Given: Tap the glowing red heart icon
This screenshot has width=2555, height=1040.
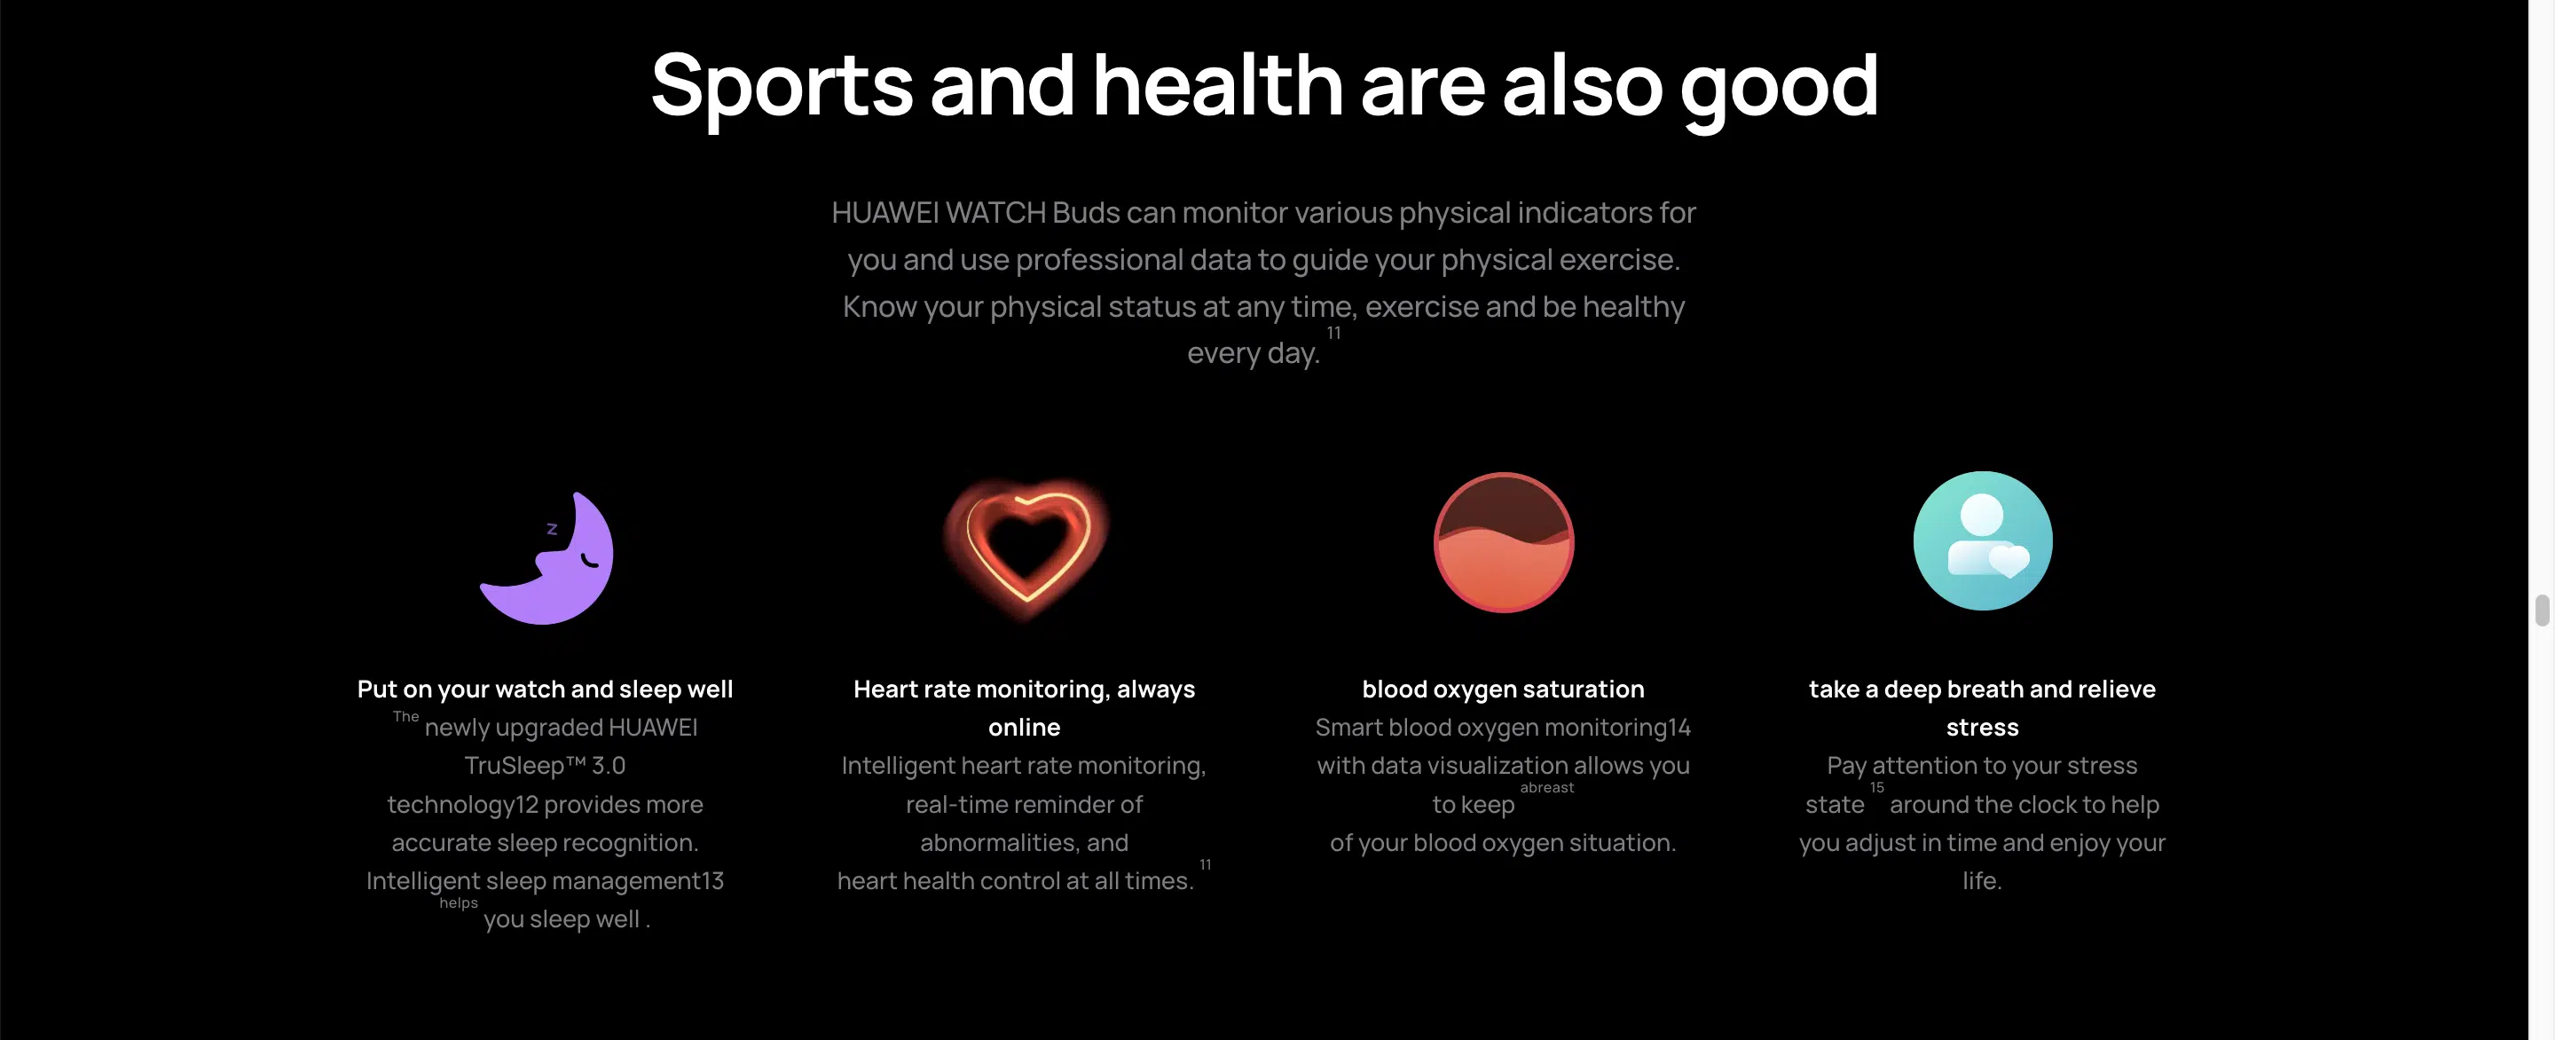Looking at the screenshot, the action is click(x=1026, y=546).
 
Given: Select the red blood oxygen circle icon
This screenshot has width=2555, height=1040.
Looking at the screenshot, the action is click(x=1504, y=542).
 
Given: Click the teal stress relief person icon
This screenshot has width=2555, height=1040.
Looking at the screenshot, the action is click(x=1983, y=540).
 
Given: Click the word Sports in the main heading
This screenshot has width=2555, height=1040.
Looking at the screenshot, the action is click(x=782, y=87).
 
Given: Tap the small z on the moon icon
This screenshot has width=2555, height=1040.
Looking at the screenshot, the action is click(x=553, y=529).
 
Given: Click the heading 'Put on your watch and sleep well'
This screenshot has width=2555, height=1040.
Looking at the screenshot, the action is click(x=546, y=689).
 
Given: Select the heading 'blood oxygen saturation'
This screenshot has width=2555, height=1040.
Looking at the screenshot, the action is click(x=1504, y=689).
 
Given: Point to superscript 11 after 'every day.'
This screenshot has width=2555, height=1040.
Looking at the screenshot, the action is click(x=1334, y=334).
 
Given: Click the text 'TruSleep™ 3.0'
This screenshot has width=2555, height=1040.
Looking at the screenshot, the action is click(x=546, y=765).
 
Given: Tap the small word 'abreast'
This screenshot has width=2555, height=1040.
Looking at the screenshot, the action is click(x=1547, y=788).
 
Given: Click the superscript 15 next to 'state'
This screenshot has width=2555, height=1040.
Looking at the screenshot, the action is click(x=1876, y=788).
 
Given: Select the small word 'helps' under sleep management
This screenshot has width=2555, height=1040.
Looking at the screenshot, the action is click(x=459, y=903).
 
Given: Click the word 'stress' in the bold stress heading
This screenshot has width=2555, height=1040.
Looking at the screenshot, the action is click(x=1983, y=728).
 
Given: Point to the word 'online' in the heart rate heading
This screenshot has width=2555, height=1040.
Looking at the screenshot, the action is click(x=1025, y=728).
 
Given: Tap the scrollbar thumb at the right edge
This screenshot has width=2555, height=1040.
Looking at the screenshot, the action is click(x=2542, y=611).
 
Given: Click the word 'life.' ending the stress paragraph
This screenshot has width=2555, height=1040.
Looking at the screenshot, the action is click(x=1983, y=880).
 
